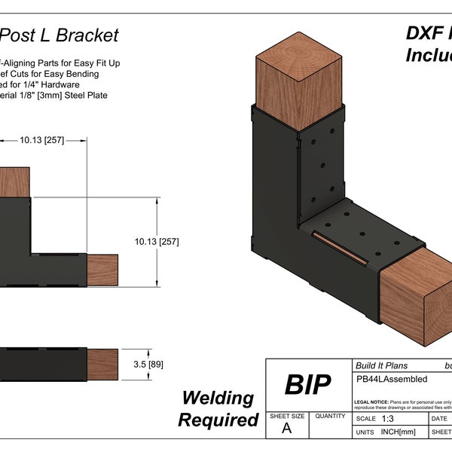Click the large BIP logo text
(307, 385)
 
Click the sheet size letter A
(286, 429)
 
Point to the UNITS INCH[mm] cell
(388, 432)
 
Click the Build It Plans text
(383, 365)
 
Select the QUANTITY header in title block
(329, 416)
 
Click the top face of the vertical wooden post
(301, 56)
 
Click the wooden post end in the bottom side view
(103, 364)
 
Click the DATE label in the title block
(438, 418)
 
